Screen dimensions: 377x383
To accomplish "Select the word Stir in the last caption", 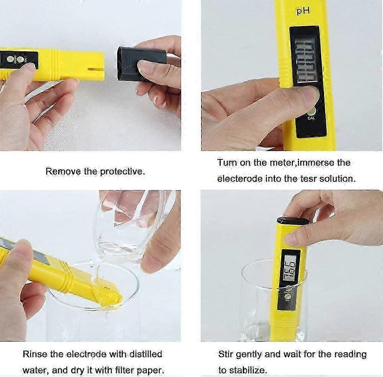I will pyautogui.click(x=226, y=354).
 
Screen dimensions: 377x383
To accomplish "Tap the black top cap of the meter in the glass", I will pyautogui.click(x=293, y=221).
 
